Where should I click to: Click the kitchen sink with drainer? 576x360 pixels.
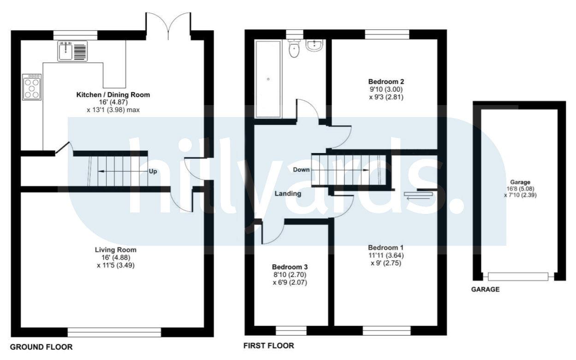coord(72,51)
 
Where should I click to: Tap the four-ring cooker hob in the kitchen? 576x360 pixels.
coord(32,87)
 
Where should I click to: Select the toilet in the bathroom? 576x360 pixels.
coord(294,48)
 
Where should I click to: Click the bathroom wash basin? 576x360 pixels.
coord(314,46)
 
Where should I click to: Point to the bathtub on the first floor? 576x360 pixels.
coord(268,79)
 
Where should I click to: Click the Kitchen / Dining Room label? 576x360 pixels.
coord(113,95)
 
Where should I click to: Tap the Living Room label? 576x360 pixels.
coord(116,250)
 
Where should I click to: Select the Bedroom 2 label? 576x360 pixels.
coord(386,82)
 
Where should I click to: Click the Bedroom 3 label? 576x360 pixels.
coord(290,267)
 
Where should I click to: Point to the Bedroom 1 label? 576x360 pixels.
coord(386,248)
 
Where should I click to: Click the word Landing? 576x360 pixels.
coord(288,194)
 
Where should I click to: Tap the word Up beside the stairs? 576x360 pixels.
coord(153,171)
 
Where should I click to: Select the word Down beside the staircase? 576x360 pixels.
coord(301,170)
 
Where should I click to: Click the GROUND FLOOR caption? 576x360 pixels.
coord(41,347)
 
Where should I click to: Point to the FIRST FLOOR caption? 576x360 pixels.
coord(269,346)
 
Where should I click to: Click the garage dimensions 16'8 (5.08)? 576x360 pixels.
coord(520,189)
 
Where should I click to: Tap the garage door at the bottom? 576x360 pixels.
coord(518,277)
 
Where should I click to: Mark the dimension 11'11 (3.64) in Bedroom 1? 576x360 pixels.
coord(386,256)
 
